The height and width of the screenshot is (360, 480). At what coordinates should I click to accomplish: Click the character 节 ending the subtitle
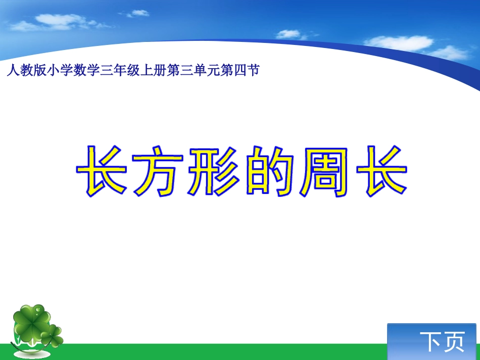pyautogui.click(x=254, y=71)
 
